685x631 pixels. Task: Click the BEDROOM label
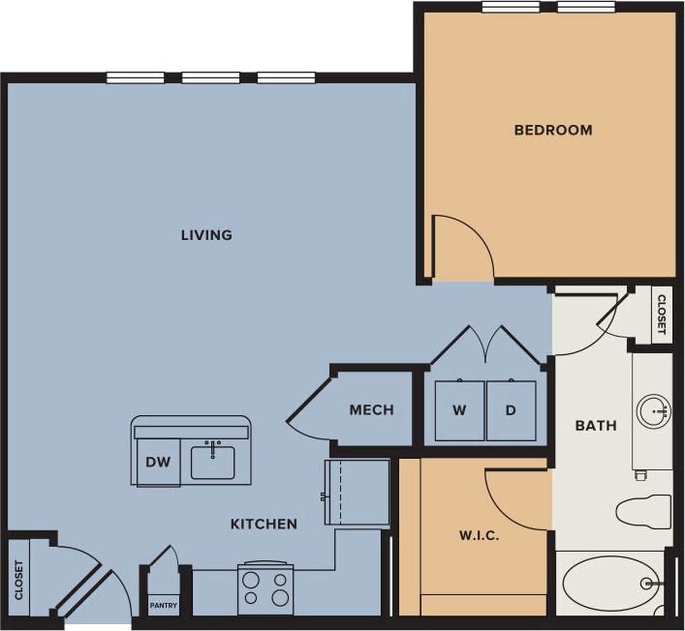click(x=552, y=130)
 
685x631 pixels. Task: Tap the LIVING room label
click(x=206, y=235)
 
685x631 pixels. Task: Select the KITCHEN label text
click(x=263, y=524)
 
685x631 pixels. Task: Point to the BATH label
click(x=595, y=425)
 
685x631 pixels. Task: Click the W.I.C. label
click(x=479, y=535)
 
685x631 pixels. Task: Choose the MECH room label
click(x=371, y=409)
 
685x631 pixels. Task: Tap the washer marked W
click(x=459, y=410)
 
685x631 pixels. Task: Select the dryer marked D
click(x=511, y=410)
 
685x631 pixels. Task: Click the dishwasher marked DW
click(x=158, y=462)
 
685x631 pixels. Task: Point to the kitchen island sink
click(x=213, y=461)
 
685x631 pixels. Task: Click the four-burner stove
click(x=265, y=588)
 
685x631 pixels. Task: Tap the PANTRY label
click(x=163, y=607)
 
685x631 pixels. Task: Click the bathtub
click(x=610, y=584)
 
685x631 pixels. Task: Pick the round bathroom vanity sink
click(x=653, y=410)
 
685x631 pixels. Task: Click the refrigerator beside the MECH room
click(x=357, y=493)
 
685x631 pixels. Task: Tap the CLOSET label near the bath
click(x=661, y=315)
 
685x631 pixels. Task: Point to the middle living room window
click(x=210, y=78)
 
